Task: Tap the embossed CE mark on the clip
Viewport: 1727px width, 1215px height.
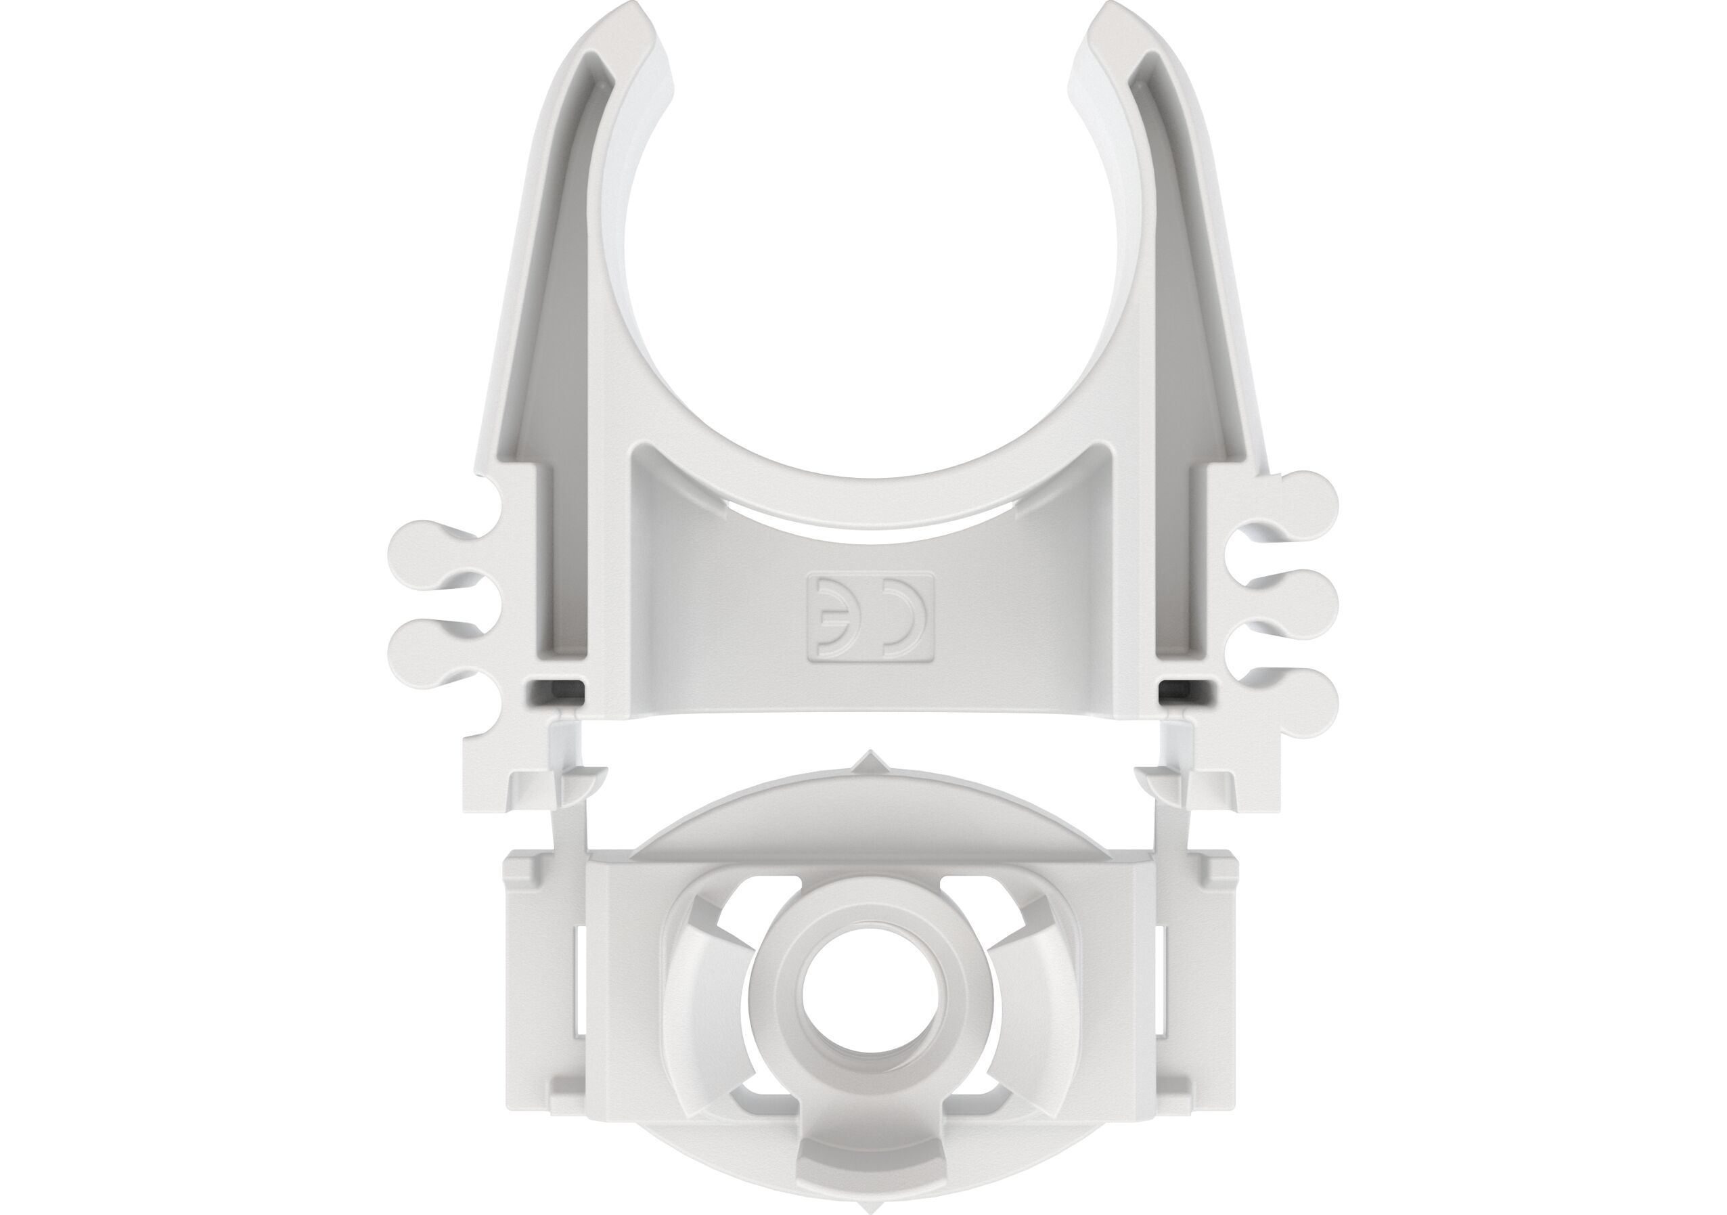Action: [870, 619]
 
